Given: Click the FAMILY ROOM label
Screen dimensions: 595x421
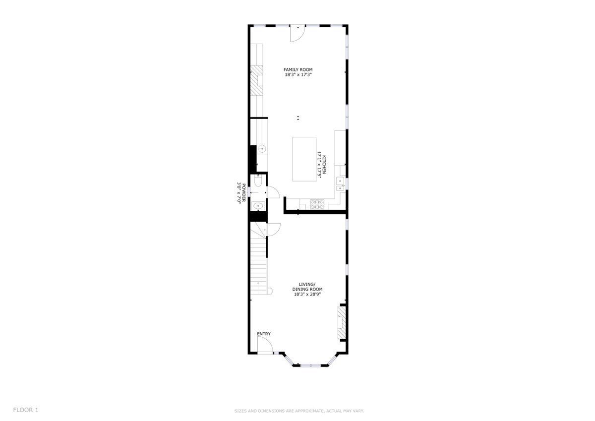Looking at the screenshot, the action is click(x=298, y=70).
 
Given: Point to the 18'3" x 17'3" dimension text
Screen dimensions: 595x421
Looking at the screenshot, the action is click(x=298, y=75).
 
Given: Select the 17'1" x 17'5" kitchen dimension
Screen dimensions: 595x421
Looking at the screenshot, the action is click(x=319, y=165).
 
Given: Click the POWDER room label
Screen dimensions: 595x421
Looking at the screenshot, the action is click(x=243, y=193).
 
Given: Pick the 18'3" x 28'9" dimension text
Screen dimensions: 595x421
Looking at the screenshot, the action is click(x=307, y=294).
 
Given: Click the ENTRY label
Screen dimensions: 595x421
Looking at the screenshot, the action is click(x=264, y=334).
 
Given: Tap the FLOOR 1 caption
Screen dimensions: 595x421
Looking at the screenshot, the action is click(x=26, y=410).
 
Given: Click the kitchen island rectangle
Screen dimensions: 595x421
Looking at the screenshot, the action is click(x=304, y=159).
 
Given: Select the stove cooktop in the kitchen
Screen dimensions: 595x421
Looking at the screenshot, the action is click(x=317, y=204).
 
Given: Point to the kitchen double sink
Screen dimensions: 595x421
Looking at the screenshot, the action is click(x=340, y=184).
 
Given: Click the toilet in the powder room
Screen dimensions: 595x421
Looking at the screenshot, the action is click(x=258, y=180).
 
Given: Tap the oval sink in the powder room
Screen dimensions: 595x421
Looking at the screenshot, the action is click(x=258, y=206).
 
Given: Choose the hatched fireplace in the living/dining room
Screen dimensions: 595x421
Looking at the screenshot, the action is click(x=342, y=323).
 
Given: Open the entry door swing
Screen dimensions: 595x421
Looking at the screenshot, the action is click(x=265, y=345).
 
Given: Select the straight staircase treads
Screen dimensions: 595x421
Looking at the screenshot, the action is click(x=258, y=266).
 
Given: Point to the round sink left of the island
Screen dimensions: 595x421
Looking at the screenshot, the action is click(x=262, y=149).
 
